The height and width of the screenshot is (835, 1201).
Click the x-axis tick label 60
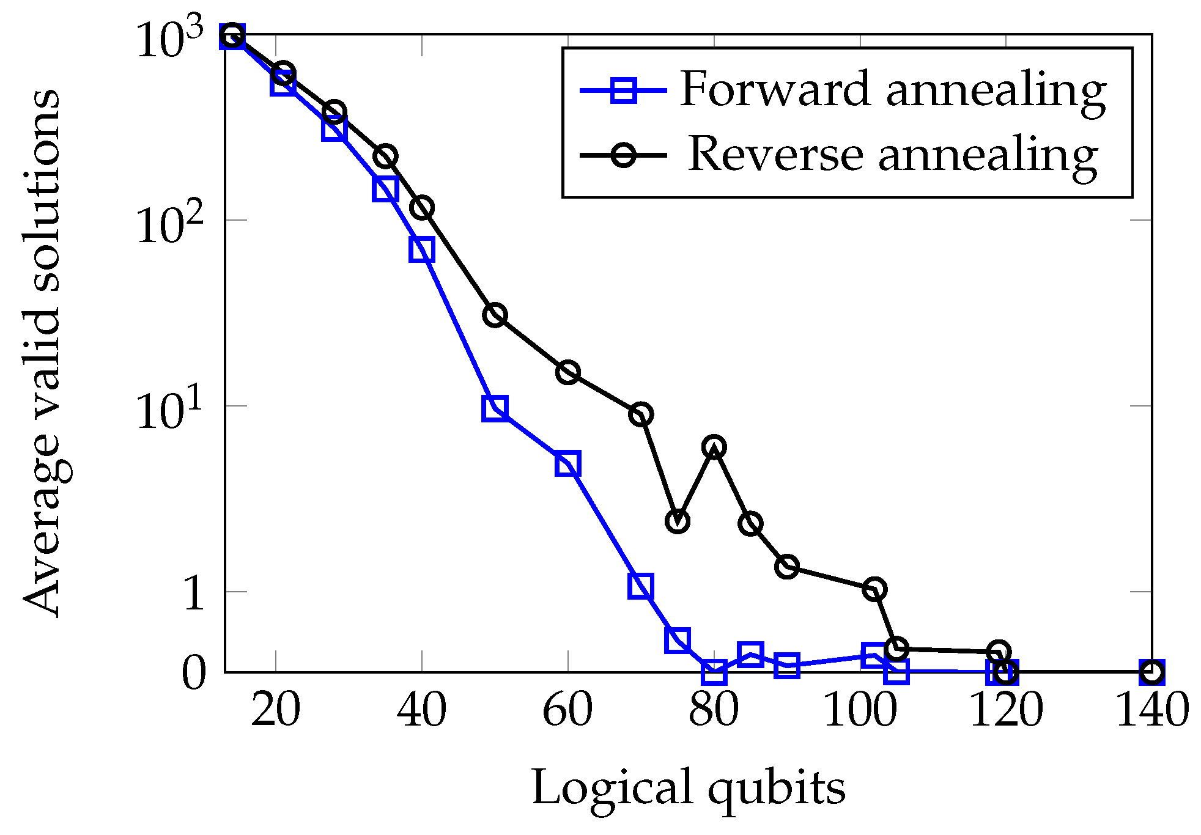(567, 710)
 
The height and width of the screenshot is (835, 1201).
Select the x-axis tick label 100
(860, 710)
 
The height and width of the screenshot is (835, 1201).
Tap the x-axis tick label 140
(1152, 710)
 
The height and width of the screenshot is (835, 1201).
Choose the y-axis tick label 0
(194, 674)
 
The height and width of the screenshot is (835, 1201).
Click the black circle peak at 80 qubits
(714, 447)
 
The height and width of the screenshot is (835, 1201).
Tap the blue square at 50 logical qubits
(495, 408)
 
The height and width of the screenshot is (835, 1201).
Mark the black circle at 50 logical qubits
(495, 315)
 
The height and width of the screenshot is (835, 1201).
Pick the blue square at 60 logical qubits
(567, 464)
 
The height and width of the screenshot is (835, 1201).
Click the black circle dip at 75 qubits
(678, 521)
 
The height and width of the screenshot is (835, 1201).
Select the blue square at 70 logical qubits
(640, 586)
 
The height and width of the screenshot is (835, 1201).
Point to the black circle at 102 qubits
(875, 589)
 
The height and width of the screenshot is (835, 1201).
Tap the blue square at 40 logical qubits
(422, 249)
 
